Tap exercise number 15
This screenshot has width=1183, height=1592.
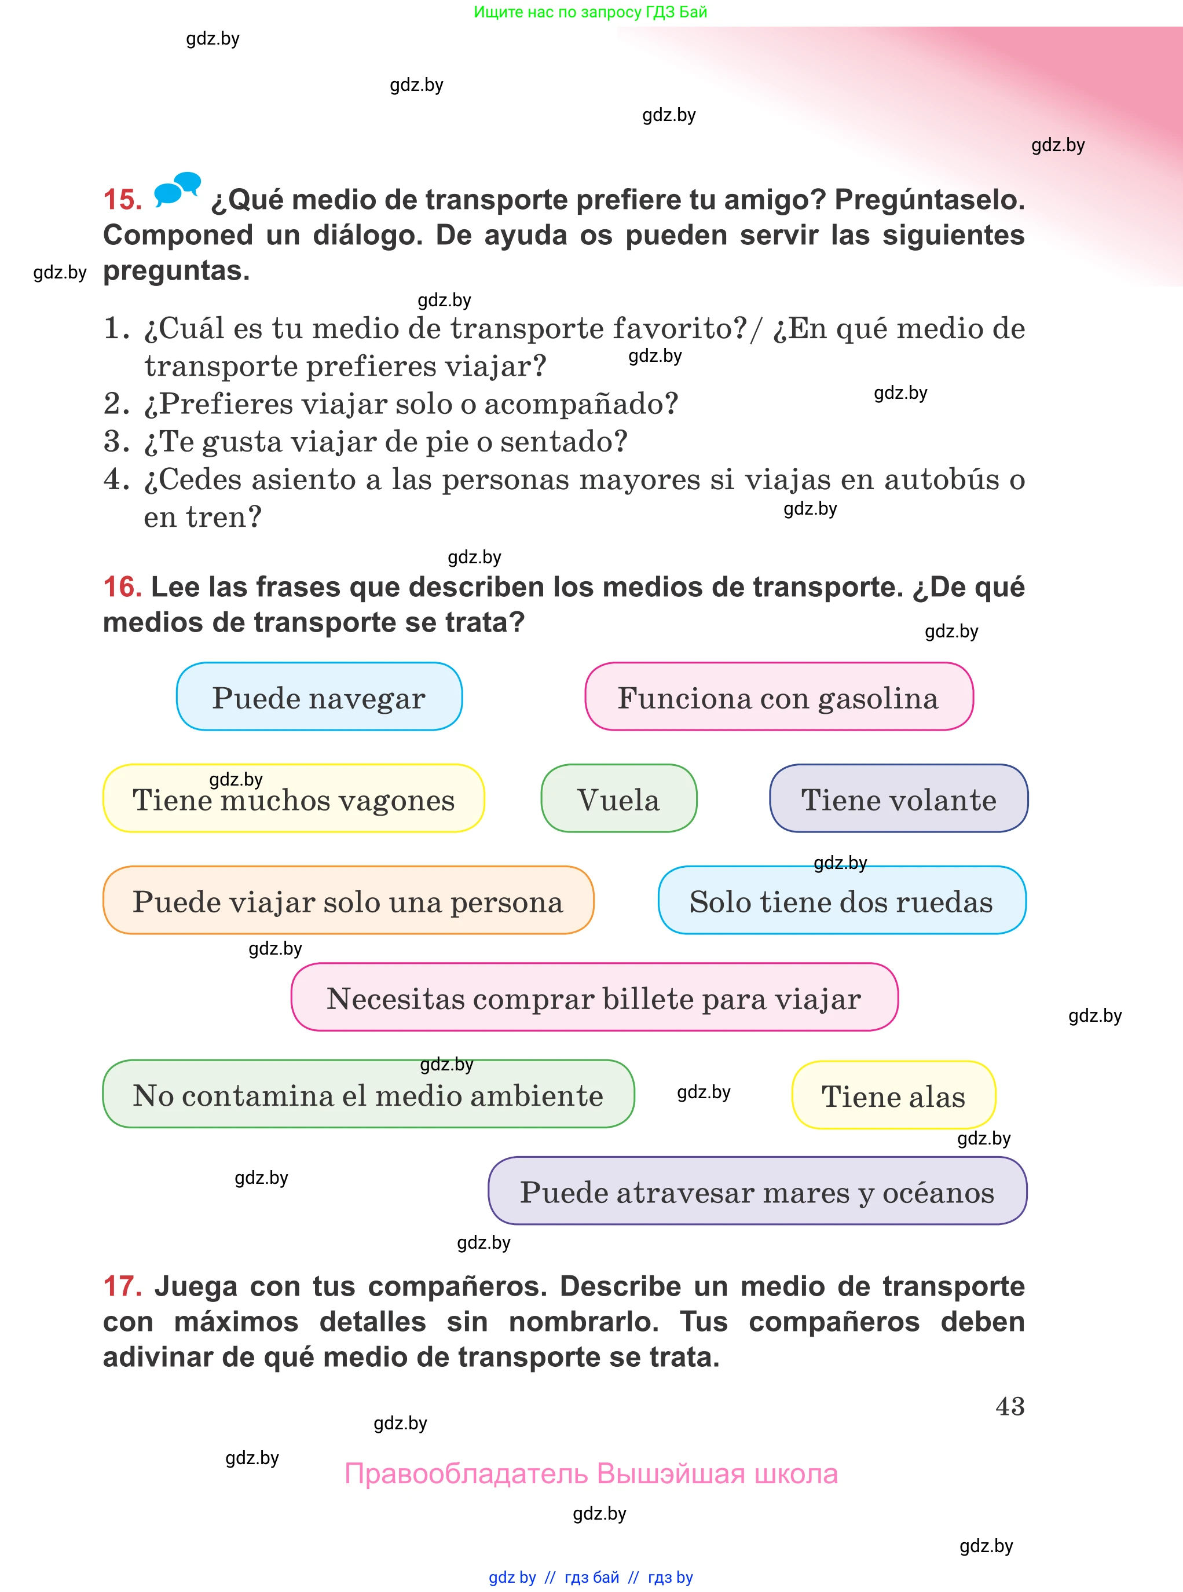point(122,200)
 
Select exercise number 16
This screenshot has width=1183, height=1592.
point(122,587)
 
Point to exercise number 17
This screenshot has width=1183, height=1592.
point(122,1286)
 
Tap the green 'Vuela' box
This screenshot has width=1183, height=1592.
point(618,798)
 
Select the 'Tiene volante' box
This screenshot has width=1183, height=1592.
point(899,798)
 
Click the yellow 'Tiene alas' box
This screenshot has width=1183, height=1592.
point(893,1095)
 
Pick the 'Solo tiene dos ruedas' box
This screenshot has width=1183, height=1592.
point(841,901)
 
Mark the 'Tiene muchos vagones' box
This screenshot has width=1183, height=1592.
point(294,798)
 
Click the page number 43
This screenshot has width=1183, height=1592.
point(1010,1407)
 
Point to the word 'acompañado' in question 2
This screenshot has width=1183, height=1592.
point(581,403)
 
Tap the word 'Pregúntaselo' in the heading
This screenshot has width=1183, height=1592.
point(929,200)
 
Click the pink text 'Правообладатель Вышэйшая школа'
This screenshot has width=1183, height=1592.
point(591,1474)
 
